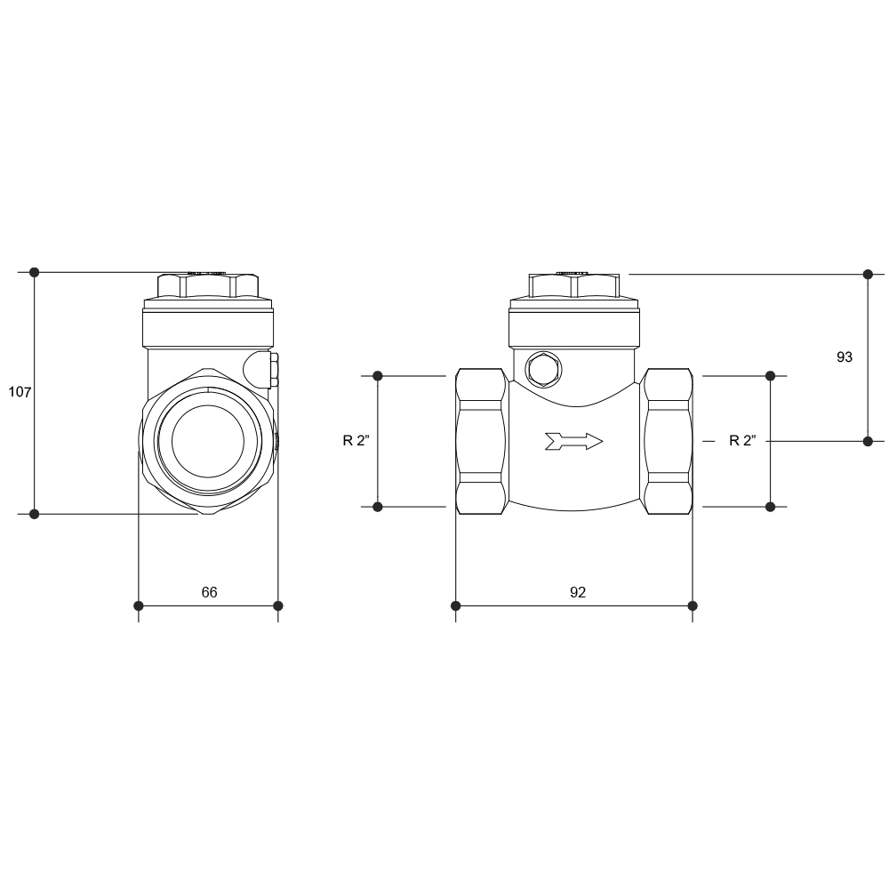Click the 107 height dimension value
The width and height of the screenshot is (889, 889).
[x=20, y=392]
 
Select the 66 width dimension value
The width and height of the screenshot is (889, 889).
[x=209, y=592]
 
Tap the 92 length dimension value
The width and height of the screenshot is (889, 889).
[x=578, y=592]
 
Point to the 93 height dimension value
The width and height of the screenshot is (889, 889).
[x=845, y=356]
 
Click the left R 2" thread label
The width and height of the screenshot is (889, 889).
[x=356, y=440]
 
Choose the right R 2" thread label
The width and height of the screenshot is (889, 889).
[x=742, y=440]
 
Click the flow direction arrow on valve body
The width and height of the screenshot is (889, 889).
[x=573, y=441]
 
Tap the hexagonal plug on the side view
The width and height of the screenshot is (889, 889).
[x=544, y=370]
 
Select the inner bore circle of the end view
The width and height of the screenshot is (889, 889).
[x=207, y=441]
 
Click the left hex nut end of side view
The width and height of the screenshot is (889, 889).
[x=481, y=441]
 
